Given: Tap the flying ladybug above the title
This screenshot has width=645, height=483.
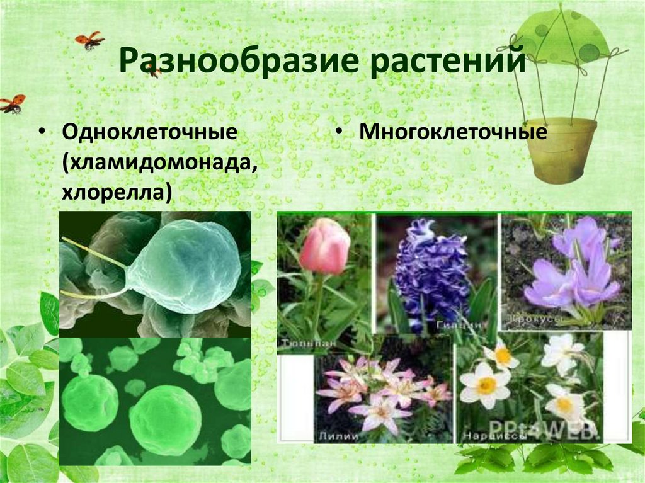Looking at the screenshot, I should tap(90, 40).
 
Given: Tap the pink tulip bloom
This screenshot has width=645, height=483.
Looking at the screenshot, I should tap(324, 246).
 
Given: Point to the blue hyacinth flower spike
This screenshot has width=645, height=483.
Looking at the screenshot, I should tap(431, 268).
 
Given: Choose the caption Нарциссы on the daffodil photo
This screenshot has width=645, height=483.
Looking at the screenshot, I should tap(486, 435).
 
